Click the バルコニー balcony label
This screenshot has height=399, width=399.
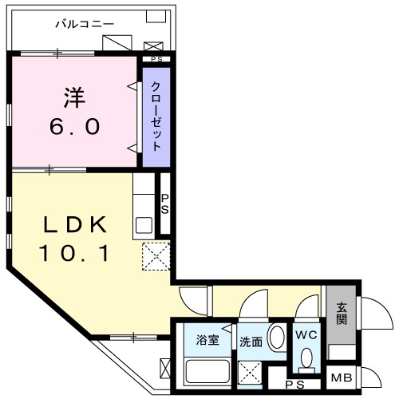pos(84,24)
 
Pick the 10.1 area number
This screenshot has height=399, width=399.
pos(73,254)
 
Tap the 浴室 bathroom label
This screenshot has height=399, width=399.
pos(208,341)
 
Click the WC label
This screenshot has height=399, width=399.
pos(306,334)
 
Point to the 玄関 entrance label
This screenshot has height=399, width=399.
pos(342,313)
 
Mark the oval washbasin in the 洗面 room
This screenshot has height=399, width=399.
pos(276,337)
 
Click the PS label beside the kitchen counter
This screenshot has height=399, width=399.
pos(165,204)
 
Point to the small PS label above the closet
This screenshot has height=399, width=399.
pos(156,58)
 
